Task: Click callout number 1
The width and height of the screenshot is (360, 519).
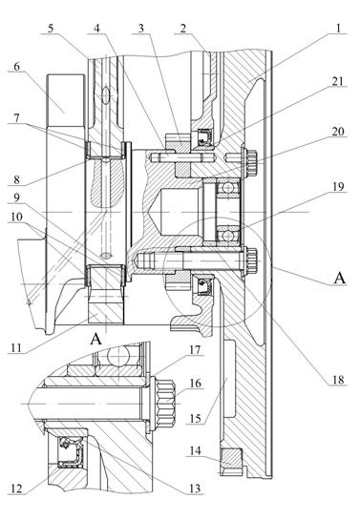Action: coord(338,28)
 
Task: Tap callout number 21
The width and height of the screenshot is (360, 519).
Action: coord(337,81)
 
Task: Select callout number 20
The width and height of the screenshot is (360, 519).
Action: coord(338,132)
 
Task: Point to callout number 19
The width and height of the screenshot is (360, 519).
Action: coord(337,187)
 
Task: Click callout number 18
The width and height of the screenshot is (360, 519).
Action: coord(338,380)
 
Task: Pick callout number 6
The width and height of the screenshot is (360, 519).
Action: coord(16,67)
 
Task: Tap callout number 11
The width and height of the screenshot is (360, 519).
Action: coord(16,348)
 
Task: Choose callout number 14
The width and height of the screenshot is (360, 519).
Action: coord(196,450)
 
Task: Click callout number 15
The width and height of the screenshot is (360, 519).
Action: coord(196,419)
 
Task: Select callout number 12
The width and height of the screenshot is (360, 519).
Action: coord(16,488)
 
